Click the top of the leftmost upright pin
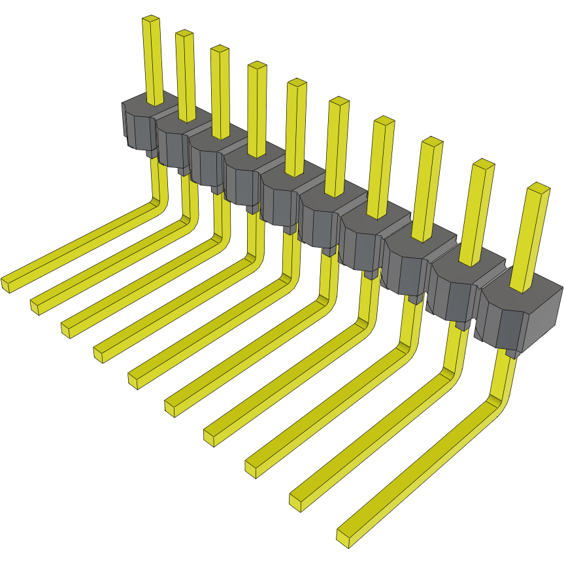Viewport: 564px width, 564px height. click(151, 20)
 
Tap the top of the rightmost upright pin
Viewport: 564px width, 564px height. click(537, 188)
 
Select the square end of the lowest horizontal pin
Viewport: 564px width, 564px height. click(345, 537)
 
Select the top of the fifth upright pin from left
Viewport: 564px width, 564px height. click(297, 83)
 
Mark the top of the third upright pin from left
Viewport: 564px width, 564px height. click(220, 49)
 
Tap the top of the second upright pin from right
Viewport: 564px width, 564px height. click(483, 163)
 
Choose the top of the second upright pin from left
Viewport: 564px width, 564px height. click(184, 33)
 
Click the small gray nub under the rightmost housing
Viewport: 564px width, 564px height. click(512, 354)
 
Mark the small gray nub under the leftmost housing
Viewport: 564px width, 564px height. click(151, 153)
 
